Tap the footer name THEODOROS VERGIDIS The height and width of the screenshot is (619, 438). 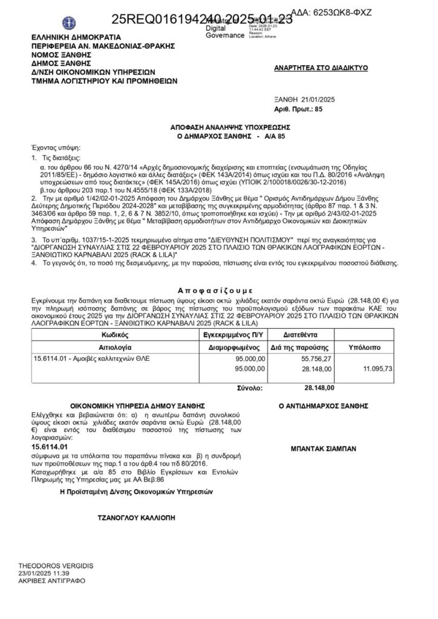[56, 565]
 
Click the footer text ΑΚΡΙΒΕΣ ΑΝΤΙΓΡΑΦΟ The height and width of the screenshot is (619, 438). [52, 580]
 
